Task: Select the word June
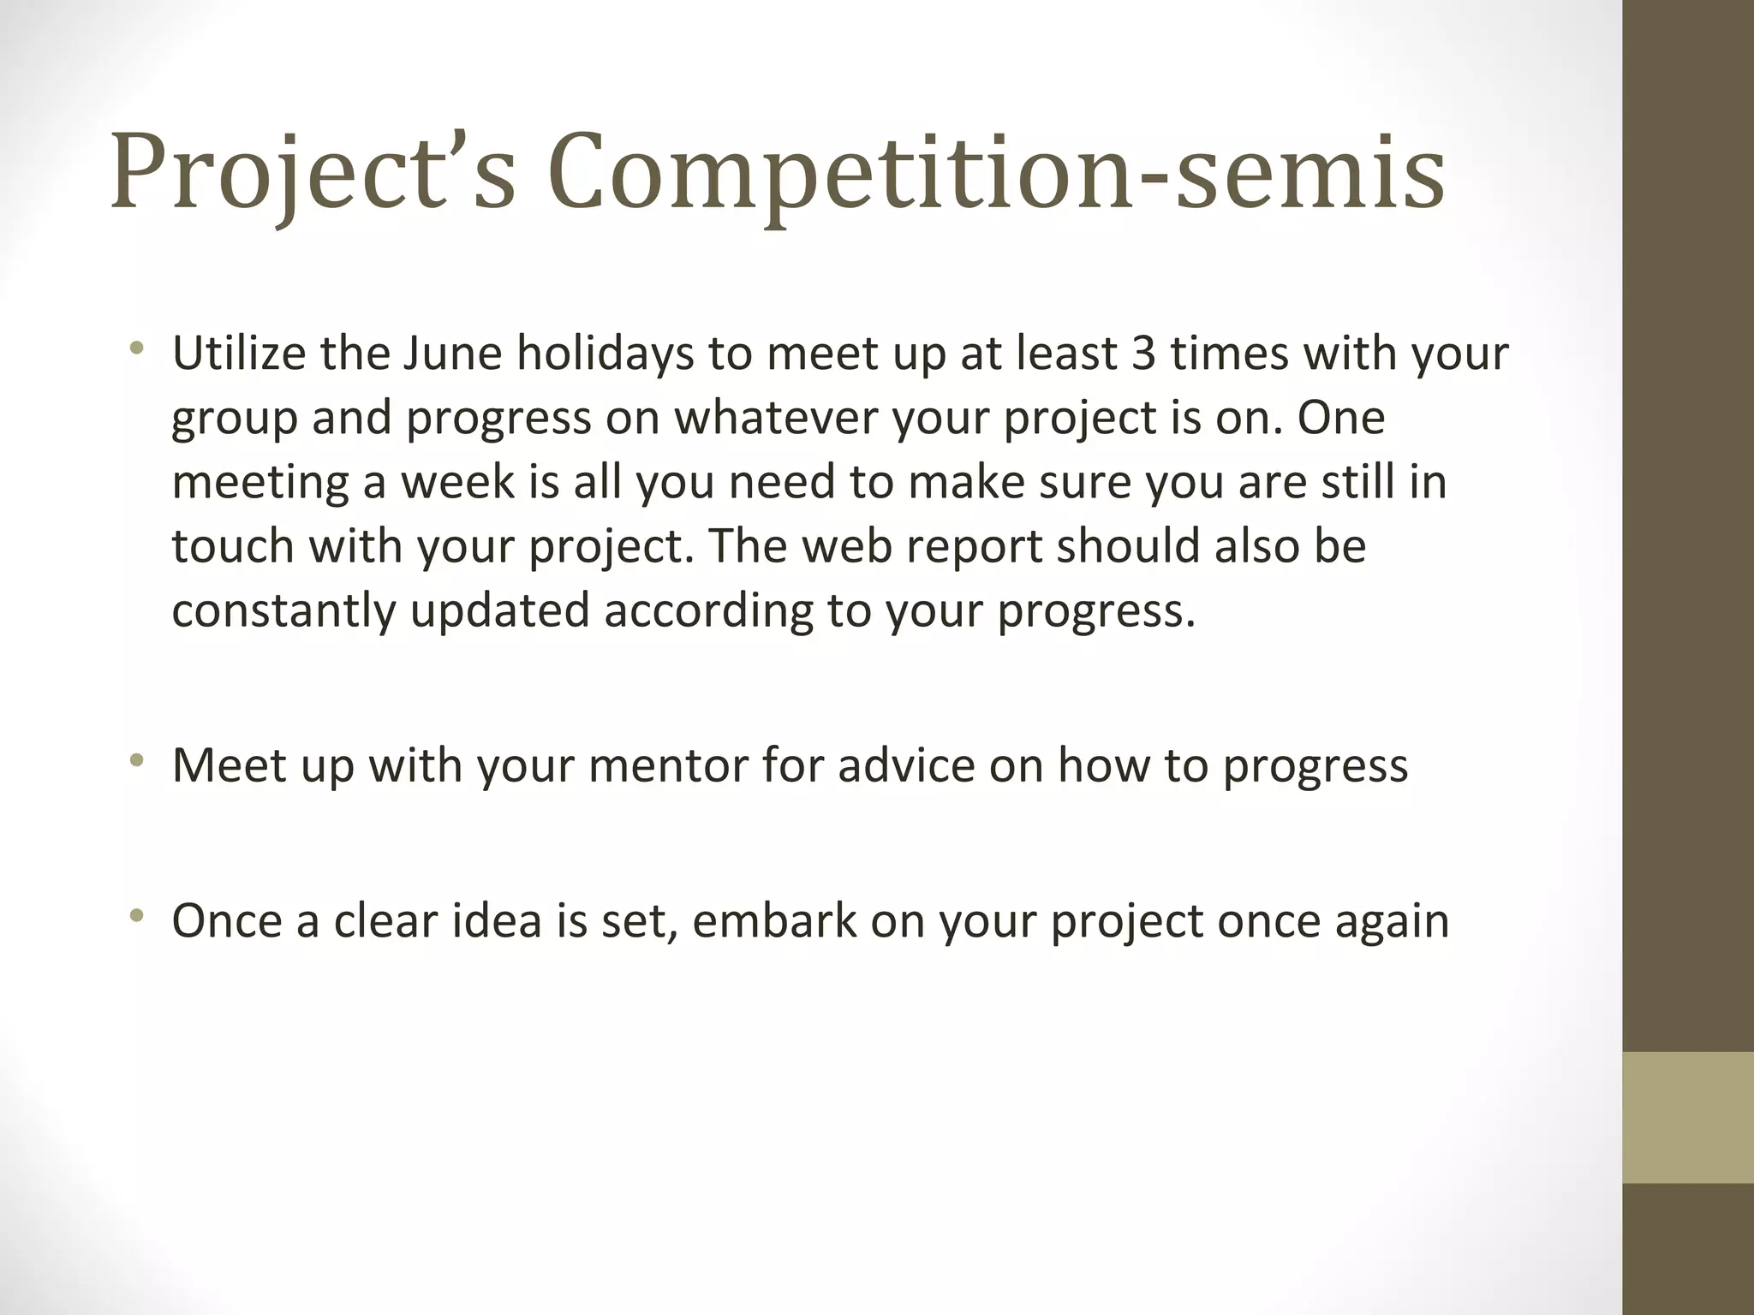[451, 354]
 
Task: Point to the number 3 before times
[1143, 354]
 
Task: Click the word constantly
[283, 611]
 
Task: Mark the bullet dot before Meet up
[136, 760]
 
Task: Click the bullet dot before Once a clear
[136, 916]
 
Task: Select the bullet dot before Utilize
[136, 348]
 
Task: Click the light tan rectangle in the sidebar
[1687, 1117]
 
